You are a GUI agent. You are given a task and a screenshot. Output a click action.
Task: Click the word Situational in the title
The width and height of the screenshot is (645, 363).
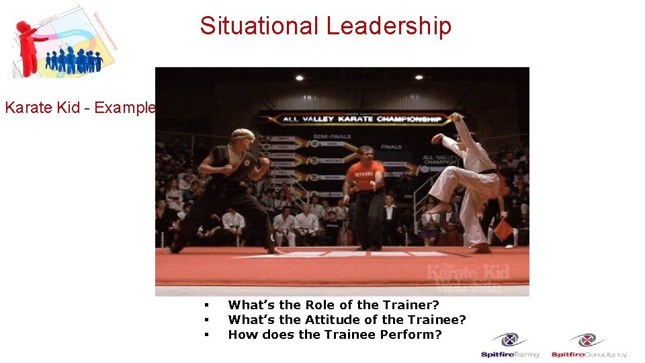[x=259, y=26]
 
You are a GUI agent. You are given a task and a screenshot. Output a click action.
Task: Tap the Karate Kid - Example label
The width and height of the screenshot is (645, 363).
[x=80, y=108]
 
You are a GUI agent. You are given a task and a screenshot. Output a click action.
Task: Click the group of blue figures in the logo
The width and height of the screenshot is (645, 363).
[x=74, y=61]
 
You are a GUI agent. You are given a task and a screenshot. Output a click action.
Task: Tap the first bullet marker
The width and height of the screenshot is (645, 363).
[x=206, y=306]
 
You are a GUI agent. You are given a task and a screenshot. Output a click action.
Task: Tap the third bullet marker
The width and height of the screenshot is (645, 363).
[x=206, y=335]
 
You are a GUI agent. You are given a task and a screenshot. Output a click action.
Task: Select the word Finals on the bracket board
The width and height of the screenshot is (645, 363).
[x=391, y=146]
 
